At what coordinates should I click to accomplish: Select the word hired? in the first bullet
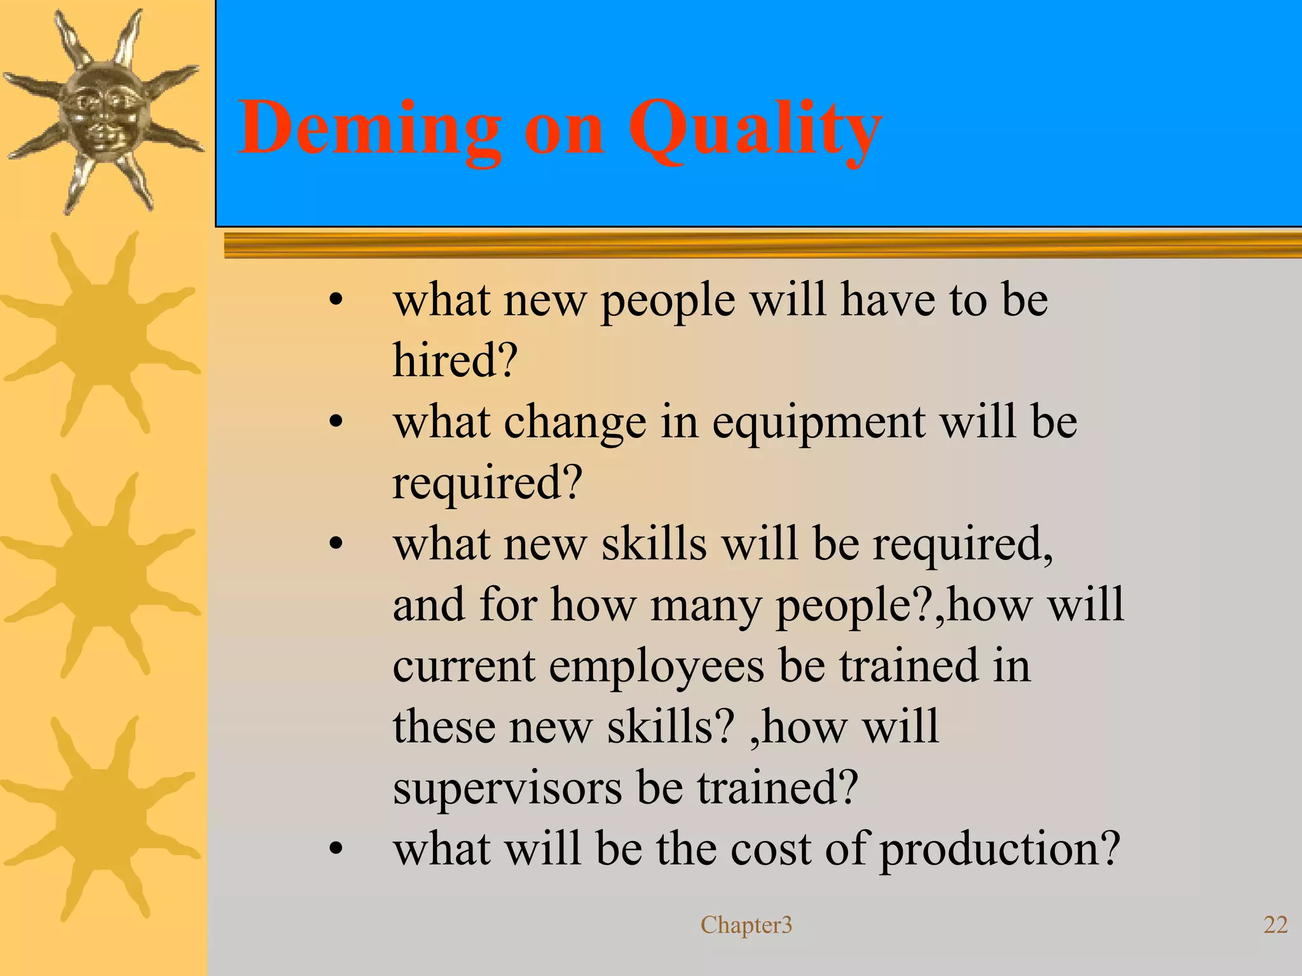455,360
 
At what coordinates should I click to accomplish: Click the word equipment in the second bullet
818,422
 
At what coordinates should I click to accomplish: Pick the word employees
657,666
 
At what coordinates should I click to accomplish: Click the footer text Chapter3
746,924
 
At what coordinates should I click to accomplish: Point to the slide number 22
1275,924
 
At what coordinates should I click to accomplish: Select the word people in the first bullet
668,300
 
